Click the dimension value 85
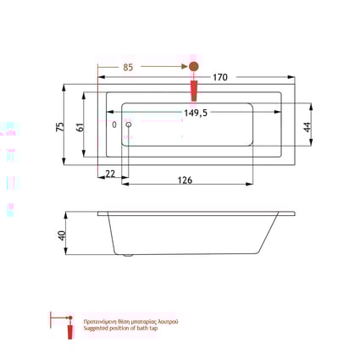coord(130,67)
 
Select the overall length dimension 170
coord(220,77)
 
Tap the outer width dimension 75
coord(60,125)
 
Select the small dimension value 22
coord(111,174)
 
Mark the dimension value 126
coord(185,179)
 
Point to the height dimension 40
coord(62,235)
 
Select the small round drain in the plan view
coord(129,125)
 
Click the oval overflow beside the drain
coord(115,125)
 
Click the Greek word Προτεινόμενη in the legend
coord(100,322)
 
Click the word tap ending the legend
coord(154,329)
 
